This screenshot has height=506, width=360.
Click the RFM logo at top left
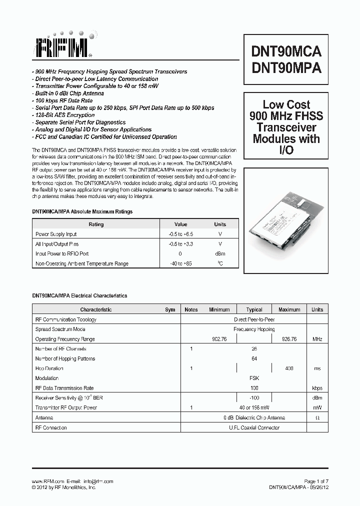click(62, 46)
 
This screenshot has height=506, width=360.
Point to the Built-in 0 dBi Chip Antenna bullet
click(68, 93)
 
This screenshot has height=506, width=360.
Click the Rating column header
click(96, 224)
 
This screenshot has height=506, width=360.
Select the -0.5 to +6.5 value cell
click(180, 234)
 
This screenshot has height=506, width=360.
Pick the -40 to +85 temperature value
click(180, 263)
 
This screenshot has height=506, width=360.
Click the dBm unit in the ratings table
click(220, 253)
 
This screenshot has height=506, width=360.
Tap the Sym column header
click(170, 309)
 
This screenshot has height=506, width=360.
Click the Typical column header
click(254, 309)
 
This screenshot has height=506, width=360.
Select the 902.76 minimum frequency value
click(219, 339)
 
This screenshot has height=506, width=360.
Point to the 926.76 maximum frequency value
click(289, 339)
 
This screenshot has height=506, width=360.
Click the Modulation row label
click(47, 378)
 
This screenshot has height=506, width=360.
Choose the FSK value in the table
click(254, 378)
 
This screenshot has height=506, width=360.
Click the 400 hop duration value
click(289, 368)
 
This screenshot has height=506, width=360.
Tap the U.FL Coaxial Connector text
click(254, 427)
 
